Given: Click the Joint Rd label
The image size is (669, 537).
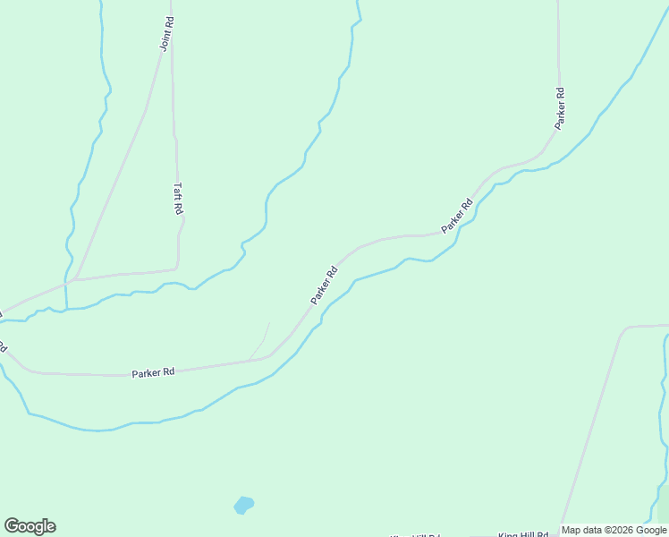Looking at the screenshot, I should click(x=166, y=34).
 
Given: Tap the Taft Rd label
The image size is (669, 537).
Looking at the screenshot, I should click(x=178, y=199).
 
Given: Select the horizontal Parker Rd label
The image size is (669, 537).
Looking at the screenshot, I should click(x=153, y=372).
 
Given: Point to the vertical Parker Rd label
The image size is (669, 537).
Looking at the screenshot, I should click(x=560, y=107).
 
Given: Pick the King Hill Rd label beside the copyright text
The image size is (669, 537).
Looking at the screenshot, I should click(x=522, y=533).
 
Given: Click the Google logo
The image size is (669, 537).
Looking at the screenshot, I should click(x=30, y=525).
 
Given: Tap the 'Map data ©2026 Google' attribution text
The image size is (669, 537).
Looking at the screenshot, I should click(x=614, y=530).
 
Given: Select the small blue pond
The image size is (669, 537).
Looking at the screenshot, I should click(x=243, y=505).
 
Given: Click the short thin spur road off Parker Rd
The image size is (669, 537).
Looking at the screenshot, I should click(x=260, y=340).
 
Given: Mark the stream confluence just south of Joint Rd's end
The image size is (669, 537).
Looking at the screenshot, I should click(x=66, y=309).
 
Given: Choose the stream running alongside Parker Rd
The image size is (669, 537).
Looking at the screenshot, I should click(x=376, y=273).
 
